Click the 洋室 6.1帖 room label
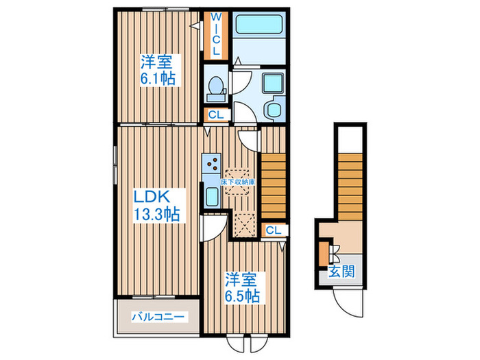point(158,69)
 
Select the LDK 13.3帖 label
point(156,204)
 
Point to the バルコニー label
point(157,317)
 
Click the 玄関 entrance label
point(342,271)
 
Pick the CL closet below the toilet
point(215,115)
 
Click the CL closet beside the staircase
point(273,230)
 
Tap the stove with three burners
point(212,164)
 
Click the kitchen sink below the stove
point(212,196)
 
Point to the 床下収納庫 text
point(238,182)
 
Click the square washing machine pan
point(273,81)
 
